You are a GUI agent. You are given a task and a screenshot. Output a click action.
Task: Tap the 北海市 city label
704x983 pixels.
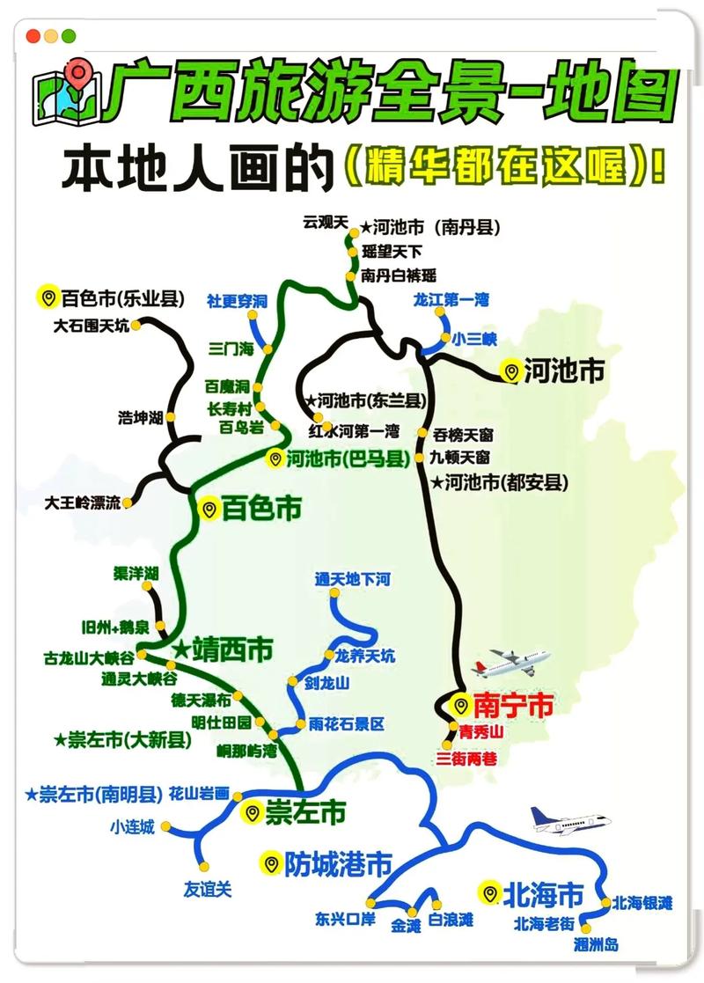coord(543,894)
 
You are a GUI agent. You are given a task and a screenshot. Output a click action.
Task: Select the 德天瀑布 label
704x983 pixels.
coord(201,701)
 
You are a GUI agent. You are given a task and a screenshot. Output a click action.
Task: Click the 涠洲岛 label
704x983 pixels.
coord(596,944)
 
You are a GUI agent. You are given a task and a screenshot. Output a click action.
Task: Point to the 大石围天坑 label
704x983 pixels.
coord(91,326)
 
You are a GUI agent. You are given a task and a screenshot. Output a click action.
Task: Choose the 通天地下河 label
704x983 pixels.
coord(352,579)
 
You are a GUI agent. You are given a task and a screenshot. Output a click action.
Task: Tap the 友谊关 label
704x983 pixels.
coord(208,889)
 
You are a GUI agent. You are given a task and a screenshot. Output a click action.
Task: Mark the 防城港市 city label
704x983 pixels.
coord(337,864)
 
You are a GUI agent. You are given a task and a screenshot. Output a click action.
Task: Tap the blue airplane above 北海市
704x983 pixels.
coord(569,821)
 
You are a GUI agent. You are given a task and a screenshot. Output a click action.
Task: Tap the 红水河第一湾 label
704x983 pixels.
coord(354,431)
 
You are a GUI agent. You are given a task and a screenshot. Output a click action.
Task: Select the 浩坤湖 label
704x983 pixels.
coord(141,418)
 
